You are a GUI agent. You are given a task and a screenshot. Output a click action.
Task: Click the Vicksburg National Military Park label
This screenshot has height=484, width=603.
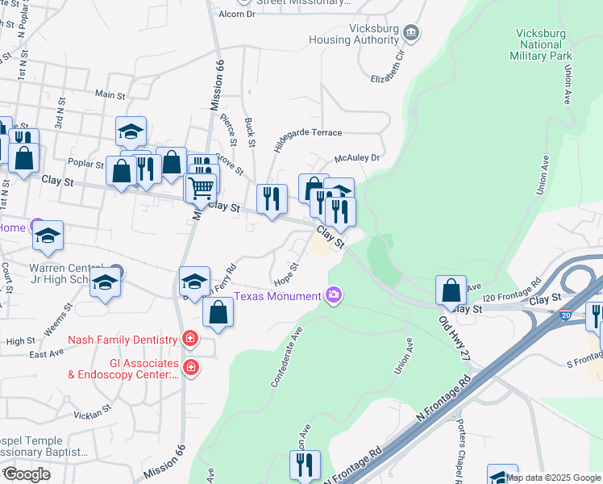540,44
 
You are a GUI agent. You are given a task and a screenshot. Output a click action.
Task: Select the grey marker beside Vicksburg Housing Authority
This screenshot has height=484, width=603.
412,32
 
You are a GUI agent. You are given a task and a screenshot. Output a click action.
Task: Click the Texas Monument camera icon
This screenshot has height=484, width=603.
334,296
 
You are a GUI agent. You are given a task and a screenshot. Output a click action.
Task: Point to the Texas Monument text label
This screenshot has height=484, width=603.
277,296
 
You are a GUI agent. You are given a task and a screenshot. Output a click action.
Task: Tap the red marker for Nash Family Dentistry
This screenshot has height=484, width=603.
189,339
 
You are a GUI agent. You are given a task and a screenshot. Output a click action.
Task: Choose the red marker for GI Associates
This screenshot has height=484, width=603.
190,368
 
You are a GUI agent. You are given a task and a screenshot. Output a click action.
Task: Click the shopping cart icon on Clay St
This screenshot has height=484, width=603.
201,188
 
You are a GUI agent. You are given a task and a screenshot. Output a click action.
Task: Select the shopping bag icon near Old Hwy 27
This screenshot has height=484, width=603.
451,290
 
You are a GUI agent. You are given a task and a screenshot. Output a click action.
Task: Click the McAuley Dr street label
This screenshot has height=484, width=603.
357,158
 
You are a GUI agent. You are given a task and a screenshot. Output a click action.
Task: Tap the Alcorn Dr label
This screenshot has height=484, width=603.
236,14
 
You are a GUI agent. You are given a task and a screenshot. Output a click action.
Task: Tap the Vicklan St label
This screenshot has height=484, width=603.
91,414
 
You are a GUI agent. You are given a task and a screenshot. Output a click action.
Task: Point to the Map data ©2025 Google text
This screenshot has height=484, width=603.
553,478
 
